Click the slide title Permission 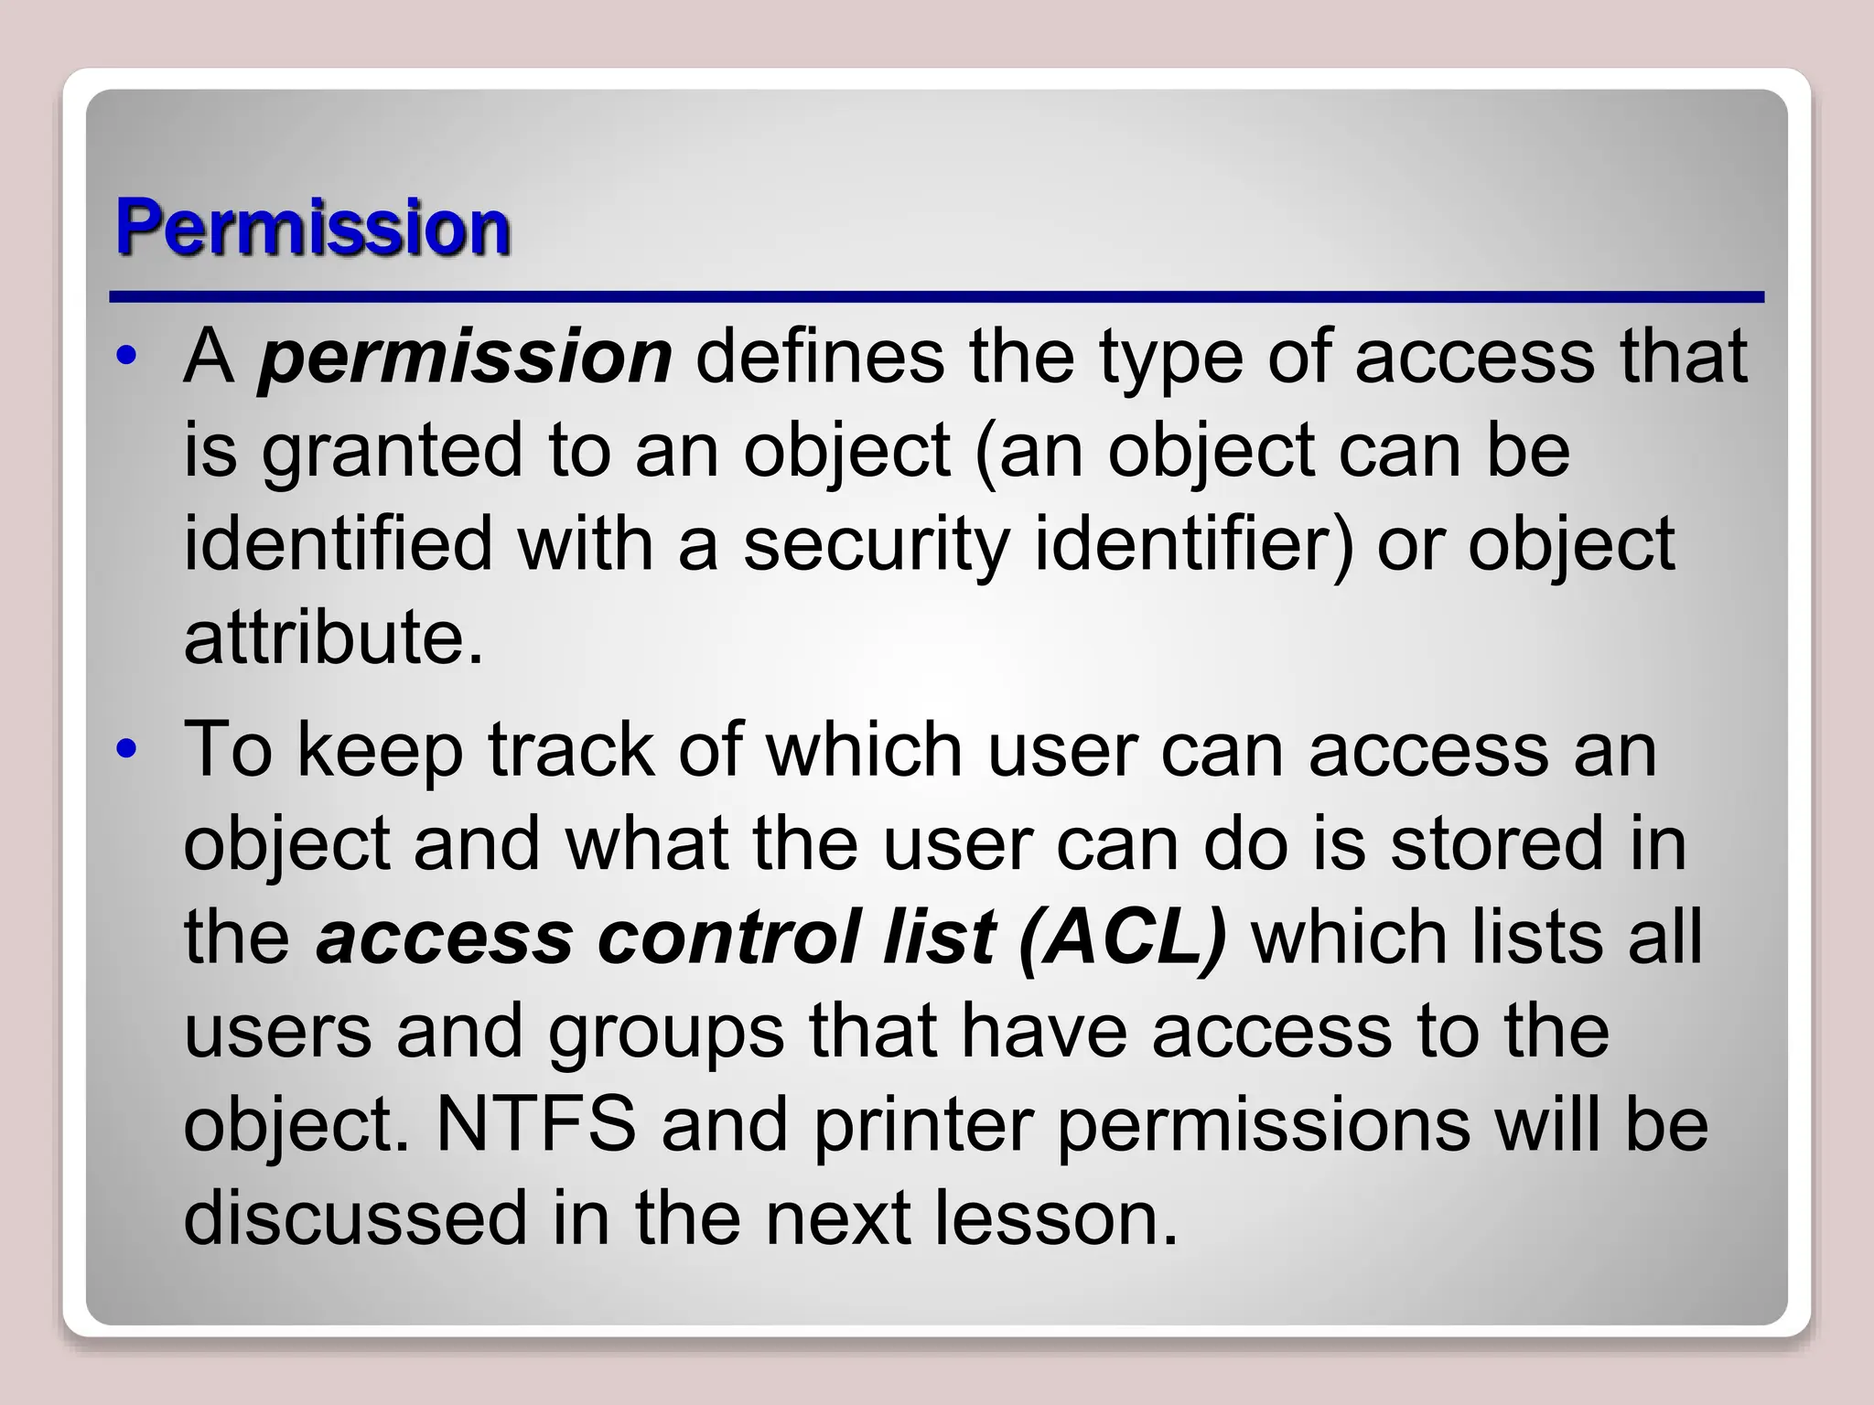click(313, 229)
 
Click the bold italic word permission click(465, 358)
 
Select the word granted click(392, 452)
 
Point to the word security click(876, 545)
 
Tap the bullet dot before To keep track click(127, 750)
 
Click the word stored click(1497, 843)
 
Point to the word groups click(666, 1032)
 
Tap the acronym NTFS click(536, 1125)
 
